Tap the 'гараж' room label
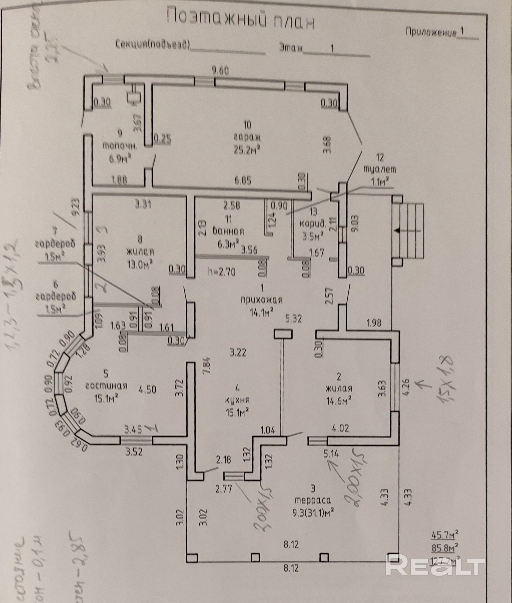pos(247,137)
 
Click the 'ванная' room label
pos(228,231)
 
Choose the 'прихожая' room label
pos(262,300)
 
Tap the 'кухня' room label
pos(238,400)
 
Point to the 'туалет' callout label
pos(380,169)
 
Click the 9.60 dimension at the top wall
pos(220,70)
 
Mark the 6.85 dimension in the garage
pos(243,181)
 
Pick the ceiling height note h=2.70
pos(222,272)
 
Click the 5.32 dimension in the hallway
pos(294,319)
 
